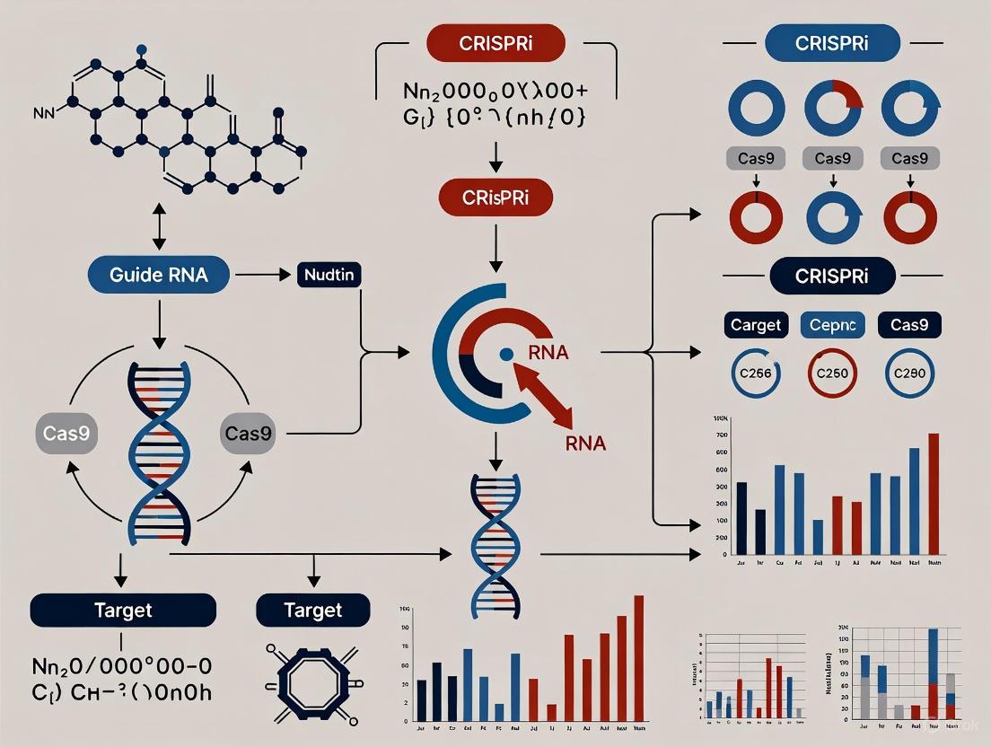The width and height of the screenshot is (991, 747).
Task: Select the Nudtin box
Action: [328, 274]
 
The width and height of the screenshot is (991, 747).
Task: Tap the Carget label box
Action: [756, 324]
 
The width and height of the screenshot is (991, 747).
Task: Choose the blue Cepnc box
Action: [832, 324]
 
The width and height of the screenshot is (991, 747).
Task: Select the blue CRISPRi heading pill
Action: [831, 43]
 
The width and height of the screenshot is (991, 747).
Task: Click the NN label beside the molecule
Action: [44, 114]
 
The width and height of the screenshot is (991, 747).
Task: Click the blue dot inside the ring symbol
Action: [506, 355]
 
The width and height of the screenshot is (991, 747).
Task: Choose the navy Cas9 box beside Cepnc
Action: [909, 324]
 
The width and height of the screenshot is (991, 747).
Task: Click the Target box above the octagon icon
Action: [312, 611]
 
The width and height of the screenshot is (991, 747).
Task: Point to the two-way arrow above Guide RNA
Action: [159, 231]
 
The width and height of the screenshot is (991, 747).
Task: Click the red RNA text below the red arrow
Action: [585, 443]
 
